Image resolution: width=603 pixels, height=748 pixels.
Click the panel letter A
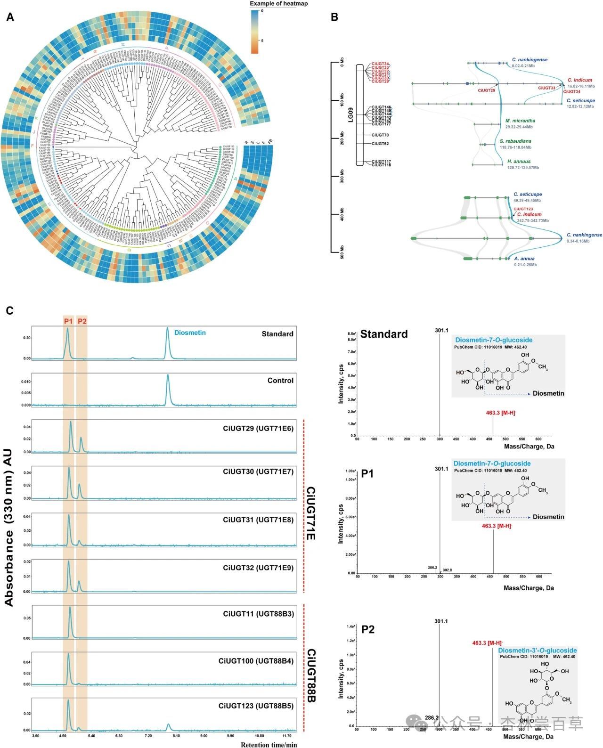coord(10,17)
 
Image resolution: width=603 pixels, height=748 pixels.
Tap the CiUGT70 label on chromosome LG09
coord(380,135)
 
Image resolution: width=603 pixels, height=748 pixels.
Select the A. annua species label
coord(524,259)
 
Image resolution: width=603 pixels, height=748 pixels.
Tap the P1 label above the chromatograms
coord(69,321)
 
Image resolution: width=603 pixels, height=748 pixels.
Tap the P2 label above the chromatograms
coord(82,321)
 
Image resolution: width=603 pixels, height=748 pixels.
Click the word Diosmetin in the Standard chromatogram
coord(190,333)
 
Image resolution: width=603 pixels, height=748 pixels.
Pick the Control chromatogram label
coord(280,381)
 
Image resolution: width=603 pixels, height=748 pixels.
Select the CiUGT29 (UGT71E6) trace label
coord(258,429)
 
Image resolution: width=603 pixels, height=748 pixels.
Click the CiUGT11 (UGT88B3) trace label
coord(258,614)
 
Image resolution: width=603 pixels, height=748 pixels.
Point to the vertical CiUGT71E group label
coord(311,513)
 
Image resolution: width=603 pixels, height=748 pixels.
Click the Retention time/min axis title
coord(269,745)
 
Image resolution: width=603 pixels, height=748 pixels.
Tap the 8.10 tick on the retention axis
coord(176,735)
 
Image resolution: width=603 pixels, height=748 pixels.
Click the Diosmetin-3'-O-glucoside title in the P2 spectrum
coord(538,650)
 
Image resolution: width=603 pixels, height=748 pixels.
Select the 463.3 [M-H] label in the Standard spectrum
coord(501,413)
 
